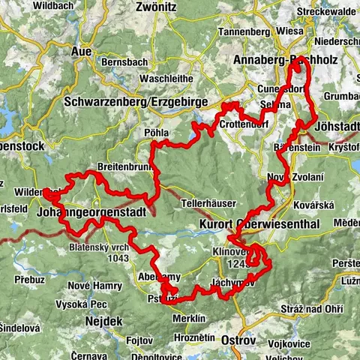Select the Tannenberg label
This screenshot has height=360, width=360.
click(242, 32)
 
